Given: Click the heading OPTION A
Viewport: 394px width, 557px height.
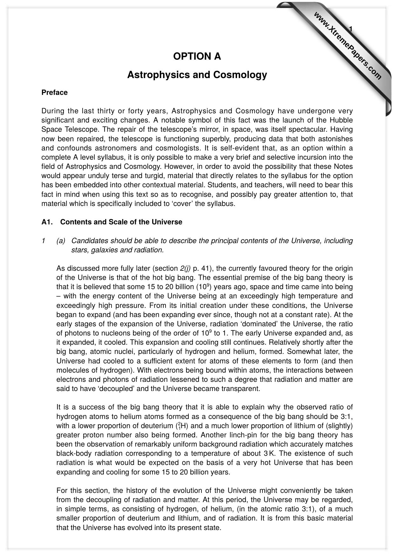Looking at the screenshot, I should [197, 56].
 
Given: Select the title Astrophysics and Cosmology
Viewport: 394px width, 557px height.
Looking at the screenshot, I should [197, 75].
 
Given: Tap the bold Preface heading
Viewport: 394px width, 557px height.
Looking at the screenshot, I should [54, 93].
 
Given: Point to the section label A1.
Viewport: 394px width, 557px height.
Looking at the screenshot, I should [47, 222].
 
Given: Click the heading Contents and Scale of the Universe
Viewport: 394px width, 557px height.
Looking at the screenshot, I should [121, 222].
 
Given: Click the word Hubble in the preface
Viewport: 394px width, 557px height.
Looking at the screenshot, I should [341, 120].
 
